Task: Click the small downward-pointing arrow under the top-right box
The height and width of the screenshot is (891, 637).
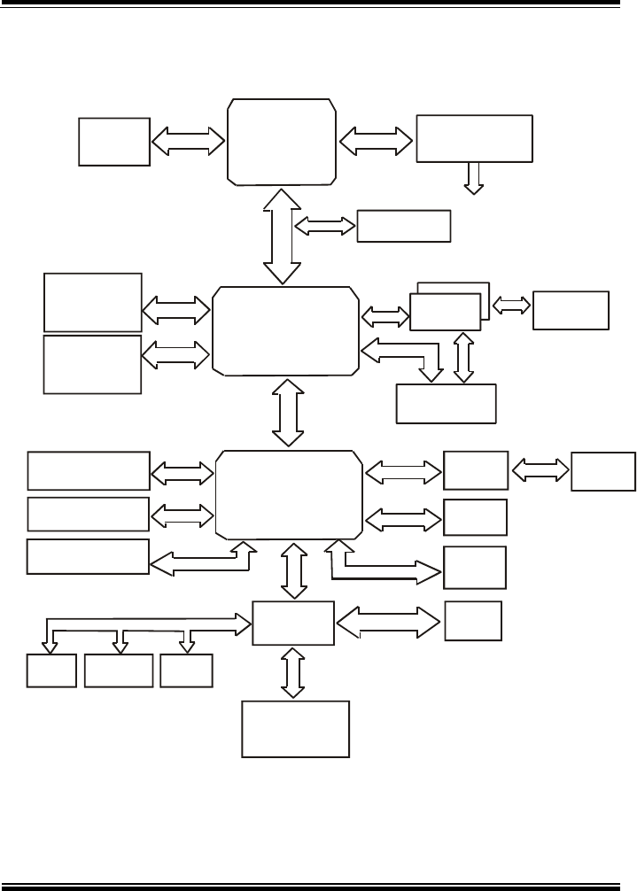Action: [x=474, y=177]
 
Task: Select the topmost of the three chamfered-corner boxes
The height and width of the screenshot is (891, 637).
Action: [x=282, y=142]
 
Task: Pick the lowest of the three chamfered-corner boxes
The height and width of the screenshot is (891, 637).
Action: [x=289, y=494]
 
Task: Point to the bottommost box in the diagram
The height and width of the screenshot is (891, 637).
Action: [x=296, y=729]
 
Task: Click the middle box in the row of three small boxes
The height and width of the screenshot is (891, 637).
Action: [x=118, y=672]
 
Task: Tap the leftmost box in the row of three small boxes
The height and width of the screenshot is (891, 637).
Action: [x=51, y=672]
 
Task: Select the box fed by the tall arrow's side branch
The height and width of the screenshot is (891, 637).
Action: [x=403, y=226]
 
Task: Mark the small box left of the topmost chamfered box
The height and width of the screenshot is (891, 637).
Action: [x=113, y=141]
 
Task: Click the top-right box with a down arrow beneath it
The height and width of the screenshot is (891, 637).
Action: [x=474, y=137]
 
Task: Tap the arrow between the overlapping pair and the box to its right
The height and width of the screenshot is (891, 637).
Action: [x=511, y=306]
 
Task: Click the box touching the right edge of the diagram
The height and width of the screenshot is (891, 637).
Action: [x=604, y=471]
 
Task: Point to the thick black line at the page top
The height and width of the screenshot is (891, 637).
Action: [x=318, y=4]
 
